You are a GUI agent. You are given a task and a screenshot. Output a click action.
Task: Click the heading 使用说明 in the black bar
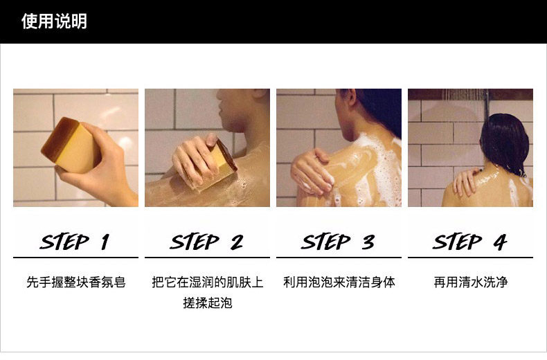point(54,21)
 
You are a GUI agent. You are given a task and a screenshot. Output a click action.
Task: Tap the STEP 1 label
point(75,242)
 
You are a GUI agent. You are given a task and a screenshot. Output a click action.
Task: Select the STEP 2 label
point(206,242)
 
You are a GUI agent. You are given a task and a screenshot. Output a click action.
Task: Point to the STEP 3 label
point(338,242)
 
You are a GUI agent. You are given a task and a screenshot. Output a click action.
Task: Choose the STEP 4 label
point(470,242)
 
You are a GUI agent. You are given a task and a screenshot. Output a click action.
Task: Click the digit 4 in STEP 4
point(500,242)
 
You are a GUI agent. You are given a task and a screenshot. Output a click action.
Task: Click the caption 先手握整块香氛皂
point(75,282)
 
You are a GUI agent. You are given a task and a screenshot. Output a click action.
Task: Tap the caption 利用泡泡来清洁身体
point(339,282)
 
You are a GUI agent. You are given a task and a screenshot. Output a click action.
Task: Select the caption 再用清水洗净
point(470,282)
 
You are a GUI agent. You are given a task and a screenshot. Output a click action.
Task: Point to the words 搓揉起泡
point(208,303)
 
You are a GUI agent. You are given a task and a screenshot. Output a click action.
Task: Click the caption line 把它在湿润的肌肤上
point(207,282)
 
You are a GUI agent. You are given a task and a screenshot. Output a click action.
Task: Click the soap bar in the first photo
point(71,145)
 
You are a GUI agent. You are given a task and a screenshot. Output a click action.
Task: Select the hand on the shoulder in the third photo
point(312,172)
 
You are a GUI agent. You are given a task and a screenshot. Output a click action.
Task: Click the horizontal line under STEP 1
point(75,258)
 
